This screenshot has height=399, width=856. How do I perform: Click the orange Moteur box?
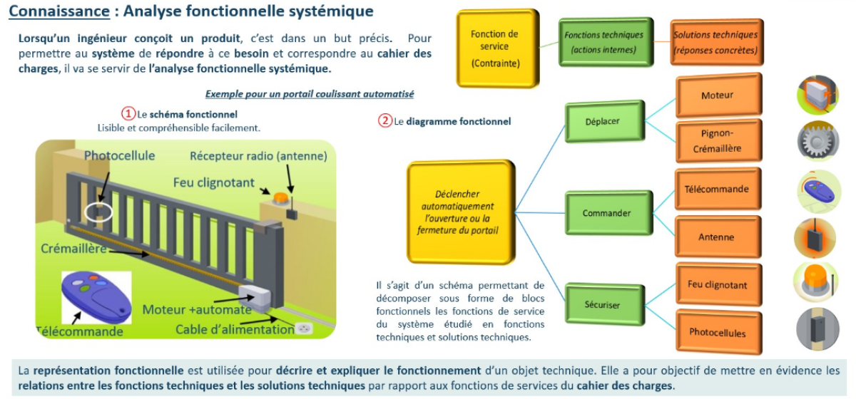(717, 95)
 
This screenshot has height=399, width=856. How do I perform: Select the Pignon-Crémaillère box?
(717, 140)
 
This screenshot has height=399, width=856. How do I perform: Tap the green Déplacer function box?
(604, 122)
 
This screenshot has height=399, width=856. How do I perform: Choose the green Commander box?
(607, 213)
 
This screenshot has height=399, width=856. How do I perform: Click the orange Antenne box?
(716, 237)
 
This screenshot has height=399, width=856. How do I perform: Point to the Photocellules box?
(717, 333)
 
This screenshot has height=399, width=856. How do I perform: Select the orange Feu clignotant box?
(717, 285)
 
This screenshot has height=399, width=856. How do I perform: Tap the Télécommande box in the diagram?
(716, 190)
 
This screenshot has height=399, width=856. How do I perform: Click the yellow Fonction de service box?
(495, 48)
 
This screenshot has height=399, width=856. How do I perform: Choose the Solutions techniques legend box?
(715, 42)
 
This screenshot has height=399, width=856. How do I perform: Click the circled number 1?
(128, 114)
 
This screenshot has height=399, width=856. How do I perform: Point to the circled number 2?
(385, 121)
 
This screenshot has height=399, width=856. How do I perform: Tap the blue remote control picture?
(96, 298)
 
